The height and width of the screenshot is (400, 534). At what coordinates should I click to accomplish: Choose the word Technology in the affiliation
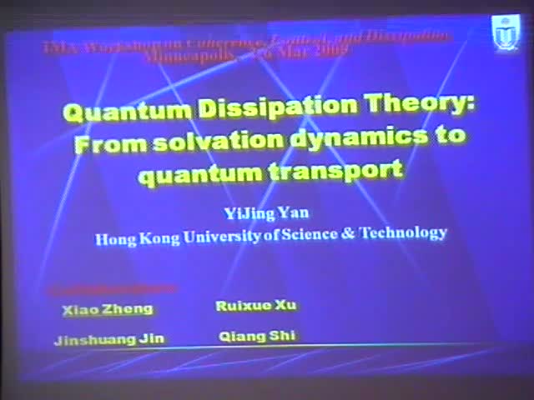[402, 232]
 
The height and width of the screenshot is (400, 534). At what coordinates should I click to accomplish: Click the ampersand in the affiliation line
[348, 234]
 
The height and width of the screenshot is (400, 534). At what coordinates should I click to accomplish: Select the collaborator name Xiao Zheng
[108, 308]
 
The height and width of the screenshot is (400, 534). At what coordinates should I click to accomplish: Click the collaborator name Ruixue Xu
[255, 305]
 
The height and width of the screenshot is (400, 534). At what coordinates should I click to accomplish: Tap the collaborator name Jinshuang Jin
[109, 339]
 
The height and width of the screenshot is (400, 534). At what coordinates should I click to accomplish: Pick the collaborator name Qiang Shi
[256, 337]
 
